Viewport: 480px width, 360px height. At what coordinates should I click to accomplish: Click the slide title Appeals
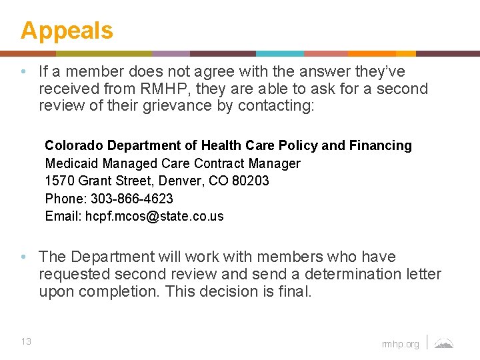tap(67, 31)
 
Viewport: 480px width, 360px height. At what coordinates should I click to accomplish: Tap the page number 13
tap(26, 342)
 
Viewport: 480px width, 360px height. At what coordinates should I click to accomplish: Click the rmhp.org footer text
tap(401, 344)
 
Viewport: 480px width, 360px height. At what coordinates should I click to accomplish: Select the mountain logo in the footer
tap(444, 343)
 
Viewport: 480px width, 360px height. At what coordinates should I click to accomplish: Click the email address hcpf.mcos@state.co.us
tap(155, 216)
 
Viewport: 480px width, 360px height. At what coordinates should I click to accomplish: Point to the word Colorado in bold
tap(74, 145)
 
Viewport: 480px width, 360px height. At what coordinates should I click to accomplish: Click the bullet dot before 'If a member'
tap(23, 71)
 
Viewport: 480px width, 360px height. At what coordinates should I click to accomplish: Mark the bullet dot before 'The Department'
tap(23, 257)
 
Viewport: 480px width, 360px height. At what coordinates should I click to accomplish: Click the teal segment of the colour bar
tap(279, 53)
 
